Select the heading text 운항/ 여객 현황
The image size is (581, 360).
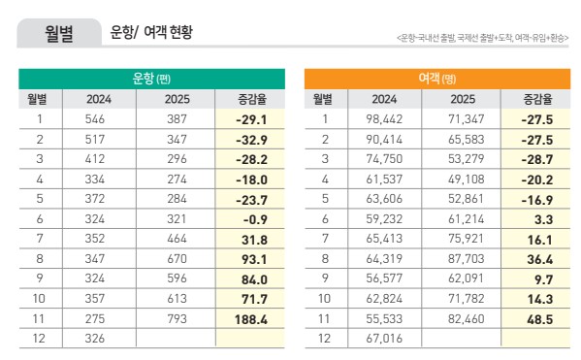click(151, 33)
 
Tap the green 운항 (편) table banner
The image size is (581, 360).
click(151, 79)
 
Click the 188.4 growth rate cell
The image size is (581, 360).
click(249, 317)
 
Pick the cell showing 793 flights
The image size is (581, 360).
click(177, 317)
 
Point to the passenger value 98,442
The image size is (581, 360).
click(383, 119)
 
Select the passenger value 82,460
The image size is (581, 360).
click(462, 317)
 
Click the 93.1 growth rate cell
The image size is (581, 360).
click(249, 259)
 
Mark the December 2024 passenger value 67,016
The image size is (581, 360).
click(383, 337)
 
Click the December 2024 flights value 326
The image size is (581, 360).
click(98, 337)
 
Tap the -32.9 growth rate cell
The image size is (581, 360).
click(249, 139)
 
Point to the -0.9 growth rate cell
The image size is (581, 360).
click(249, 219)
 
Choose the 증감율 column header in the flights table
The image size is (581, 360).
click(249, 99)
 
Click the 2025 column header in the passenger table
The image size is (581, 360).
click(462, 99)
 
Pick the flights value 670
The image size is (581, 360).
click(177, 259)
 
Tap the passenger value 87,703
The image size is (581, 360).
click(462, 259)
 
